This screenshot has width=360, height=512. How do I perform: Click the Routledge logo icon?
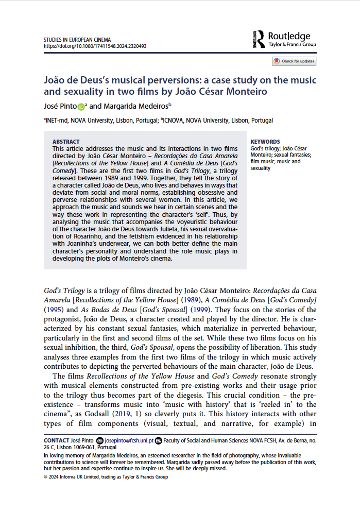[259, 39]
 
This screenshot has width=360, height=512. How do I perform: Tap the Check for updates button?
[294, 61]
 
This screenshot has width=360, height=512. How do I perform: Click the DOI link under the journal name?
[95, 46]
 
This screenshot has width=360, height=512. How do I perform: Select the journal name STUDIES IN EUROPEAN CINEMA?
[77, 40]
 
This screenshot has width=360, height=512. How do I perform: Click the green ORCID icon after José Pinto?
[81, 107]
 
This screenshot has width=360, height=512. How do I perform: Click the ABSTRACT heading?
[66, 142]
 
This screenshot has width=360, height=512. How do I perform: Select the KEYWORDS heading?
[265, 142]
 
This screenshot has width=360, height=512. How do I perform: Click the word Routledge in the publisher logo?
[289, 36]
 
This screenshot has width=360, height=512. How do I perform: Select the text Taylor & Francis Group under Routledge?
[293, 45]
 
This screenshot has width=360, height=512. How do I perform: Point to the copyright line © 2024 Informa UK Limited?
[106, 477]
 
